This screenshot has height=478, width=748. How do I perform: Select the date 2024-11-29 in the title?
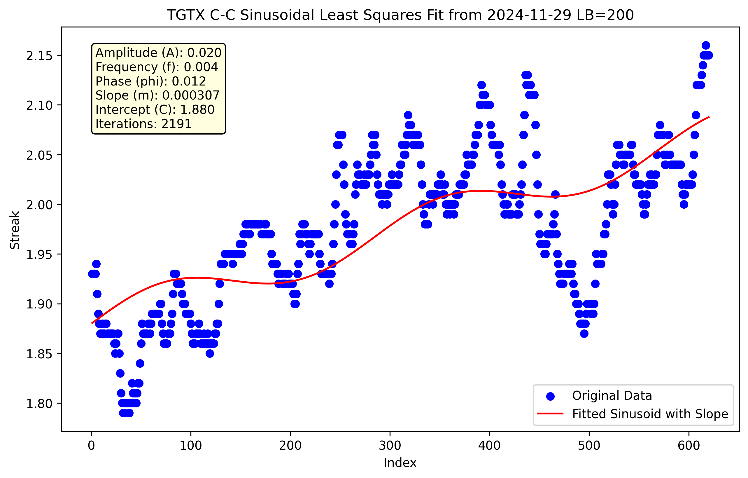[x=529, y=15]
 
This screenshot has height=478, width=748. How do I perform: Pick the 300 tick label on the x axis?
[x=390, y=446]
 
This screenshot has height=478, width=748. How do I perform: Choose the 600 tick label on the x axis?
[x=689, y=446]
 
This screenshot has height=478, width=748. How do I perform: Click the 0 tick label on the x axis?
[x=91, y=446]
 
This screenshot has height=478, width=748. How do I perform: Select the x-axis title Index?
[x=400, y=463]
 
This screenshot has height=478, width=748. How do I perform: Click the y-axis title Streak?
[x=15, y=230]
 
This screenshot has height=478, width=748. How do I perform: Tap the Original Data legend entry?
[x=612, y=396]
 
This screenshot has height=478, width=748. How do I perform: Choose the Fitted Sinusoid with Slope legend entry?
[x=650, y=414]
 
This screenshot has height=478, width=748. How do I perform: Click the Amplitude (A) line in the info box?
[x=158, y=53]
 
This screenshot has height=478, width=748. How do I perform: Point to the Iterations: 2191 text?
[x=143, y=124]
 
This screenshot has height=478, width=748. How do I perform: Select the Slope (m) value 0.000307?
[x=191, y=95]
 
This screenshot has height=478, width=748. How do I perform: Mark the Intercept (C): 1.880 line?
[x=155, y=110]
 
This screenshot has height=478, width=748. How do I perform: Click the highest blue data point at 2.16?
[x=706, y=45]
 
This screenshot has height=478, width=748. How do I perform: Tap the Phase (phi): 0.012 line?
[x=151, y=81]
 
